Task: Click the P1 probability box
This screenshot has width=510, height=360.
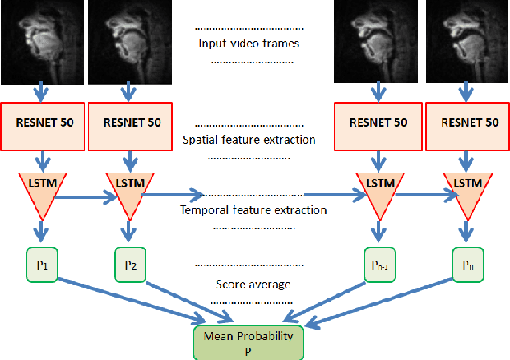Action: pyautogui.click(x=39, y=266)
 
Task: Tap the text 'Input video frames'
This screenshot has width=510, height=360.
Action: pyautogui.click(x=248, y=44)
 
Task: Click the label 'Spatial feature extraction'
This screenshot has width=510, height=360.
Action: pyautogui.click(x=248, y=140)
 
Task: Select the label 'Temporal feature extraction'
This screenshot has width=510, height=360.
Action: pyautogui.click(x=253, y=210)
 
